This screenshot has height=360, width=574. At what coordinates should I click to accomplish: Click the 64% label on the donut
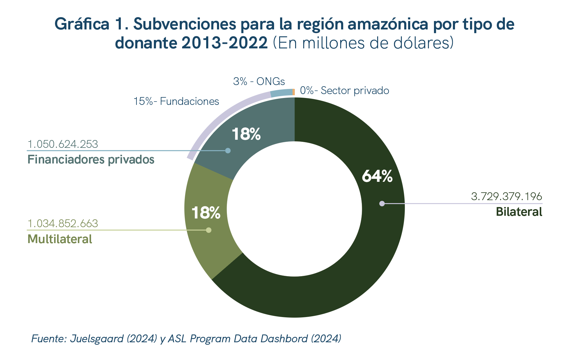click(x=377, y=176)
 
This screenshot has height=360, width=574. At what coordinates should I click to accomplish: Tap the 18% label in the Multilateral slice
click(x=206, y=213)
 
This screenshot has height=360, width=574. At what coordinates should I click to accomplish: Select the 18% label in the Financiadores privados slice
click(x=246, y=134)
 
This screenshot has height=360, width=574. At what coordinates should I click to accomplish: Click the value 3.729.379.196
click(x=506, y=197)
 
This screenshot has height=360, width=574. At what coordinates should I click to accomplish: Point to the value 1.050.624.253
click(x=63, y=144)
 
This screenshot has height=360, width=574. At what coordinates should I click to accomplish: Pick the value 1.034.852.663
click(x=63, y=224)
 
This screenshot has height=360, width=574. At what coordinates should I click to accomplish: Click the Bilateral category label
click(x=519, y=212)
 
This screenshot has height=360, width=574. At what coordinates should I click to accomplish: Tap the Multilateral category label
click(x=60, y=239)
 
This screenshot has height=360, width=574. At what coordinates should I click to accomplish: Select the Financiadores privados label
click(x=91, y=160)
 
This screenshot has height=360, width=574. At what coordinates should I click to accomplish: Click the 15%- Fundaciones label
click(x=176, y=102)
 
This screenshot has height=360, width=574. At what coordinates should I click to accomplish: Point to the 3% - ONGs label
click(x=259, y=81)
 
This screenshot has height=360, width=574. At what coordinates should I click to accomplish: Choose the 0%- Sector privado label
click(x=344, y=90)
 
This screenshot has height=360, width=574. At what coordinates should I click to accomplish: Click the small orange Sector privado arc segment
click(x=294, y=92)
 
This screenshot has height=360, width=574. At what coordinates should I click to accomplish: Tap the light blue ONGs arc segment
click(x=282, y=93)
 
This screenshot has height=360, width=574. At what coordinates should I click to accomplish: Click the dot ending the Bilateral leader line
click(x=382, y=203)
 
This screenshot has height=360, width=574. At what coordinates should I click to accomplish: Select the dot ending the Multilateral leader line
click(x=209, y=230)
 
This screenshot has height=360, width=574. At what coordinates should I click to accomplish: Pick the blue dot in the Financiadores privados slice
click(x=228, y=151)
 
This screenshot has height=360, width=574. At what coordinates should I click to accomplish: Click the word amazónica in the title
click(x=388, y=24)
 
